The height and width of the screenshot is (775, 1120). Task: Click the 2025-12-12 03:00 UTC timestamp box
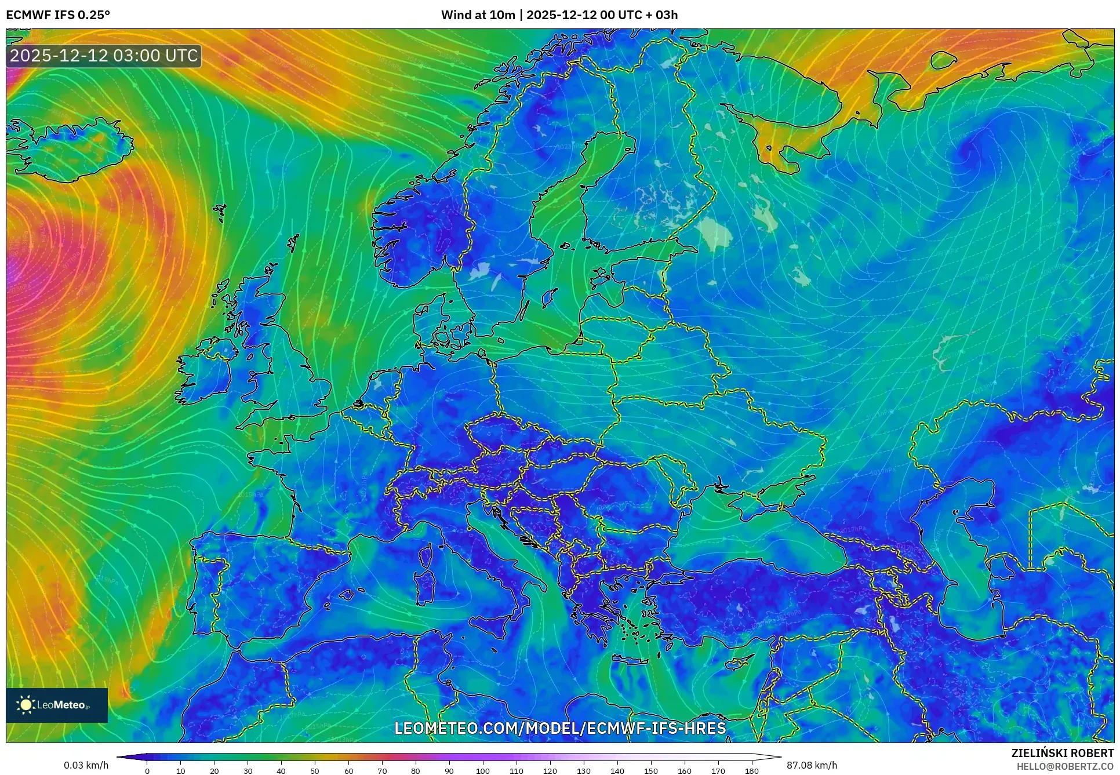pyautogui.click(x=104, y=56)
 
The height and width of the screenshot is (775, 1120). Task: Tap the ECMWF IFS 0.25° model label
pyautogui.click(x=58, y=14)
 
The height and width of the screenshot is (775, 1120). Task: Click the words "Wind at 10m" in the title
pyautogui.click(x=478, y=14)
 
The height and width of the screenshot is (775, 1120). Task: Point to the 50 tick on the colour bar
pyautogui.click(x=315, y=770)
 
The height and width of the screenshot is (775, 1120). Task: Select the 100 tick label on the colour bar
pyautogui.click(x=483, y=771)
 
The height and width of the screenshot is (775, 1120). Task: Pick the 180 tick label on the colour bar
pyautogui.click(x=751, y=771)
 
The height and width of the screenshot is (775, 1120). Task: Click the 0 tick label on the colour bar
pyautogui.click(x=147, y=771)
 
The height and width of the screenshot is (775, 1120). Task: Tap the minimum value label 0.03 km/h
pyautogui.click(x=86, y=765)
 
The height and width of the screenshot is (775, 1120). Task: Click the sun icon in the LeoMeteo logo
pyautogui.click(x=26, y=705)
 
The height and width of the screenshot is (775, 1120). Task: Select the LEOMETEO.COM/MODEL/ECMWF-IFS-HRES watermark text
pyautogui.click(x=560, y=728)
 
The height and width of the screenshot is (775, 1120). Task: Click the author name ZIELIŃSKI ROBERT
pyautogui.click(x=1062, y=753)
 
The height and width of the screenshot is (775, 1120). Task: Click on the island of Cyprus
pyautogui.click(x=737, y=663)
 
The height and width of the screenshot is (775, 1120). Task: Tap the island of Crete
pyautogui.click(x=636, y=661)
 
